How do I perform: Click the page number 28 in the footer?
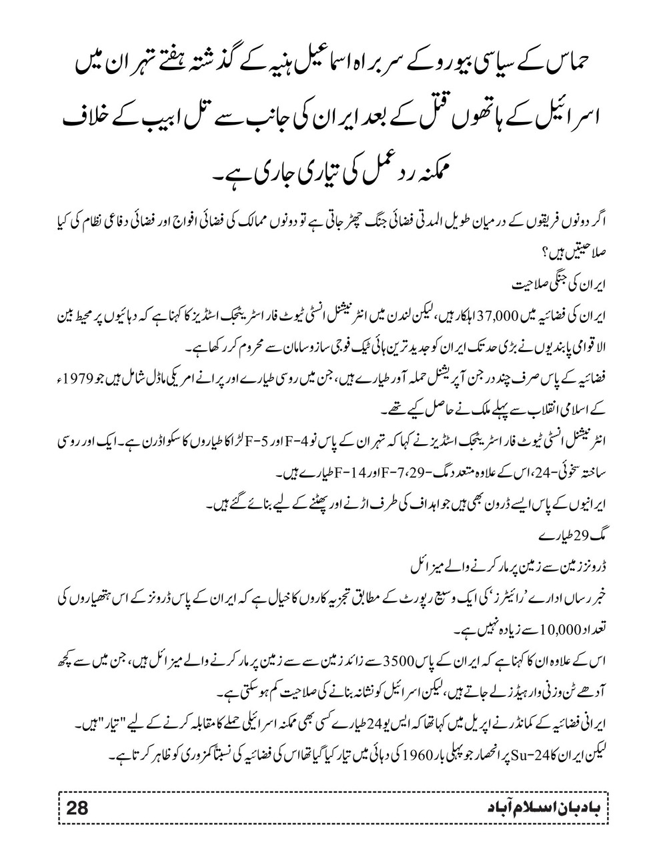coord(77,808)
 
